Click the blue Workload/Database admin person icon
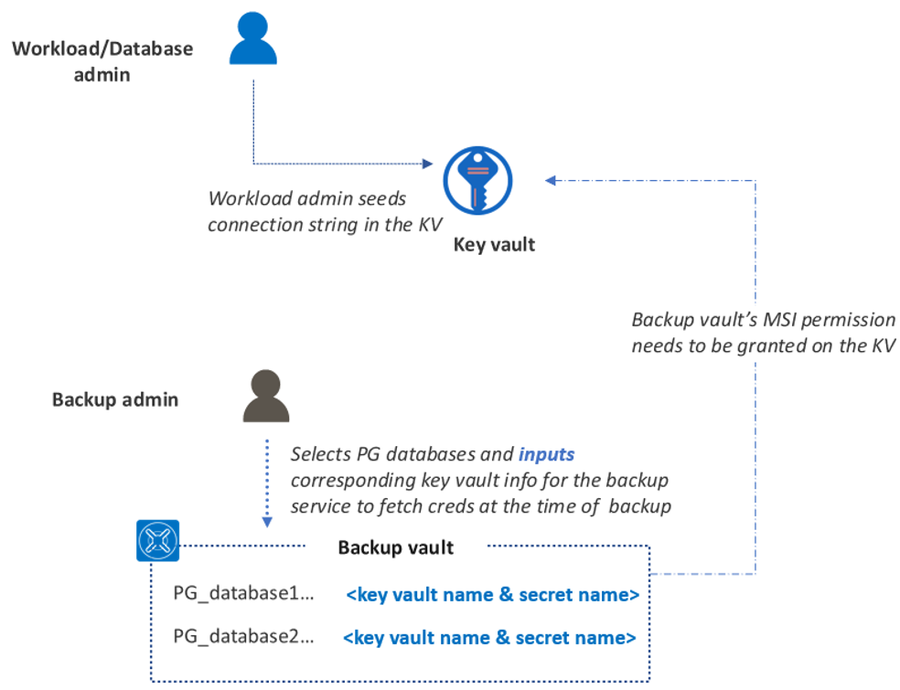[252, 41]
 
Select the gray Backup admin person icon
[265, 395]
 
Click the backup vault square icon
[157, 541]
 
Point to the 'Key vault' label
[494, 245]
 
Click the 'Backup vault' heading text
[396, 547]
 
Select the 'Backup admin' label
[115, 399]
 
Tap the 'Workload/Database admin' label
[102, 61]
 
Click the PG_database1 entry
[243, 594]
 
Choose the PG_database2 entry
[243, 636]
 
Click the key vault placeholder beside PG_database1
[492, 595]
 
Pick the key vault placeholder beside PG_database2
[489, 637]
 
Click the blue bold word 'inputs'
[546, 454]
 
